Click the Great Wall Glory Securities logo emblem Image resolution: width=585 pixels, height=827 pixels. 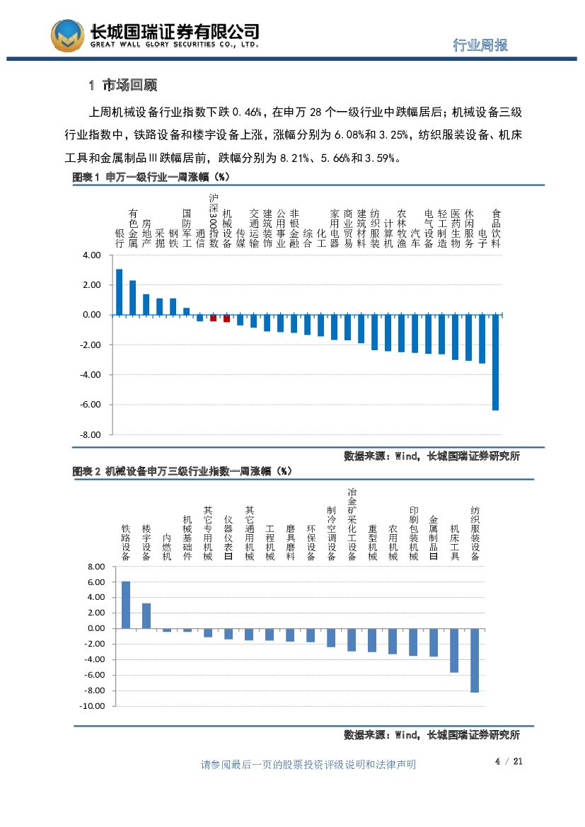pos(67,35)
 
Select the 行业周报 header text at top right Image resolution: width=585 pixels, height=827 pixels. pos(480,45)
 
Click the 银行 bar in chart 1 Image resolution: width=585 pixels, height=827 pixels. pos(119,291)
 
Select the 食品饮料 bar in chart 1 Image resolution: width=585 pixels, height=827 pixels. pos(495,362)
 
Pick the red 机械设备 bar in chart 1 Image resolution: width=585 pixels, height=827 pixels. pos(226,318)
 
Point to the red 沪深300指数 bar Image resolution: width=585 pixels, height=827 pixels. pos(213,318)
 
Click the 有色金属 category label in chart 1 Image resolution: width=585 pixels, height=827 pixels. pos(132,227)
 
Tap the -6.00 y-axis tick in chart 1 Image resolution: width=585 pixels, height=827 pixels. pos(91,405)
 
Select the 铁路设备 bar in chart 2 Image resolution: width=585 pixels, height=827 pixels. pos(126,604)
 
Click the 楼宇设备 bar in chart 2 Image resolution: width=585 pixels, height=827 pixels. pos(146,615)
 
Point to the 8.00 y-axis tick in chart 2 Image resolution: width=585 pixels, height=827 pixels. pos(94,567)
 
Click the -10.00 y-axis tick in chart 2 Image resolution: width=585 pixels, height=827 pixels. pos(92,706)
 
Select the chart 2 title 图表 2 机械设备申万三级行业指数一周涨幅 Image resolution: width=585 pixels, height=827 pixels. pos(183,470)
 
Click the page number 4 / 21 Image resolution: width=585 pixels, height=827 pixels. pos(508,761)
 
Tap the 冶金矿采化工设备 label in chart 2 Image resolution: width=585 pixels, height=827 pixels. pos(352,524)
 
